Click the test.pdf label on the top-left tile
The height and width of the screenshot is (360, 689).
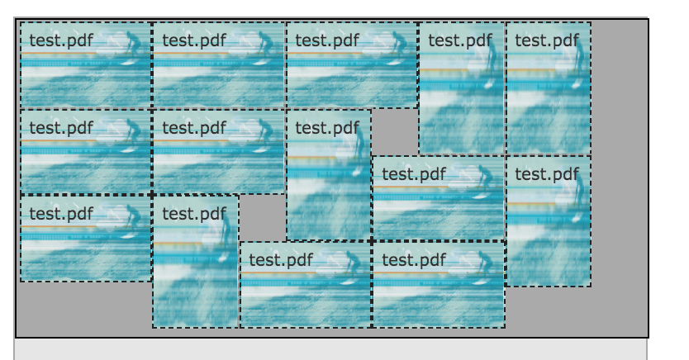tap(61, 40)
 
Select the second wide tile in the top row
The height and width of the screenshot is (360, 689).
tap(218, 65)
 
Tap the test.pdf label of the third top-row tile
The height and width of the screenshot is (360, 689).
tap(327, 40)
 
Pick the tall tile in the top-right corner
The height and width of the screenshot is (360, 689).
tap(549, 88)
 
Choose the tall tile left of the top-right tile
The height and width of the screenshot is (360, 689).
tap(462, 88)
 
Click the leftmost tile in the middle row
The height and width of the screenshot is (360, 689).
tap(86, 152)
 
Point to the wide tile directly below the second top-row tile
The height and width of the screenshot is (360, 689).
tap(218, 152)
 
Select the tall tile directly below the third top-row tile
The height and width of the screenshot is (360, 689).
tap(329, 175)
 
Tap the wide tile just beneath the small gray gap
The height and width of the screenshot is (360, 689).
tap(438, 198)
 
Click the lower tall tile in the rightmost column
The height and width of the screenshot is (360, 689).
tap(549, 221)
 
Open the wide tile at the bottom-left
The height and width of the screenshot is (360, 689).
tap(86, 239)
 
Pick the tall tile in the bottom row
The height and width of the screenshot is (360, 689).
tap(196, 262)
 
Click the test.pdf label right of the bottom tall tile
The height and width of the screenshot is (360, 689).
tap(281, 260)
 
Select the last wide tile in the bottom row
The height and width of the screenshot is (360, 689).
tap(438, 285)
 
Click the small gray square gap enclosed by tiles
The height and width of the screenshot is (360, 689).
tap(395, 131)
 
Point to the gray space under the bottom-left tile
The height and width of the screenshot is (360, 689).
tap(83, 307)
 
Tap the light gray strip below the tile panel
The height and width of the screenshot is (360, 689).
tap(330, 349)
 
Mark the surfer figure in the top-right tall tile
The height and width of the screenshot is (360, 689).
tap(577, 58)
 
